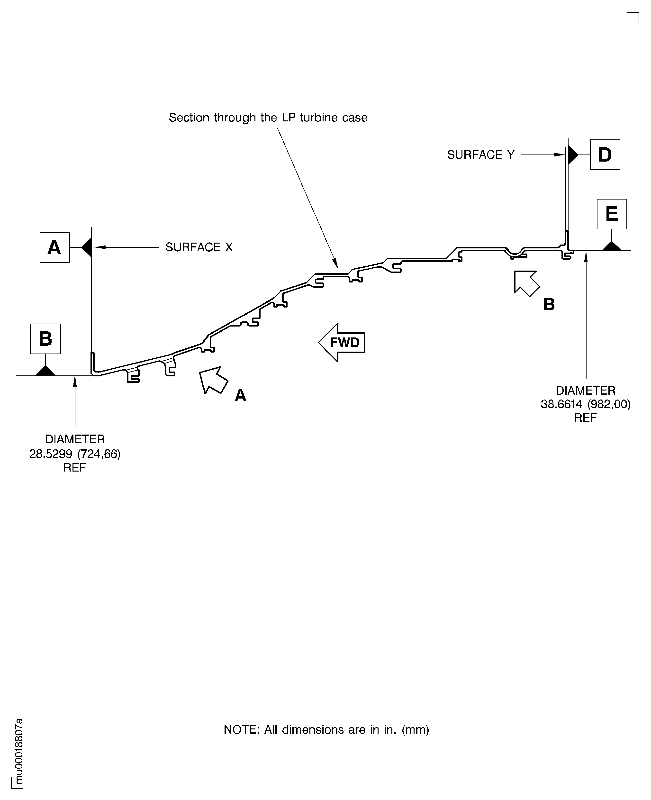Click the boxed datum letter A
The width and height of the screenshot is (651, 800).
[x=55, y=247]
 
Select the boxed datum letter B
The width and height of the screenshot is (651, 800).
[x=45, y=339]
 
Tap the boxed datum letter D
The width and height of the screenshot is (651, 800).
[x=605, y=155]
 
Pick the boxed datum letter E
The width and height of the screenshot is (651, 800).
[x=612, y=214]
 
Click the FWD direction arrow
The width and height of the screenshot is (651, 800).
[x=342, y=342]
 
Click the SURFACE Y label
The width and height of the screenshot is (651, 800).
[x=481, y=155]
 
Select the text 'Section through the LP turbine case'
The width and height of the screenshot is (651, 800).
[x=268, y=117]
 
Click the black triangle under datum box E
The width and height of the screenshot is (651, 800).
[x=612, y=246]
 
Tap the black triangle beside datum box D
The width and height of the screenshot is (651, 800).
[x=573, y=155]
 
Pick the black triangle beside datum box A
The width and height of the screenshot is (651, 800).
[x=87, y=247]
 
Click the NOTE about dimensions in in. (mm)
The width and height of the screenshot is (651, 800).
[x=326, y=729]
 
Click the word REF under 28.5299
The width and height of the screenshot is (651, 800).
[x=75, y=468]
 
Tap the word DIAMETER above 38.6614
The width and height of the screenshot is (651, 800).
[x=585, y=391]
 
